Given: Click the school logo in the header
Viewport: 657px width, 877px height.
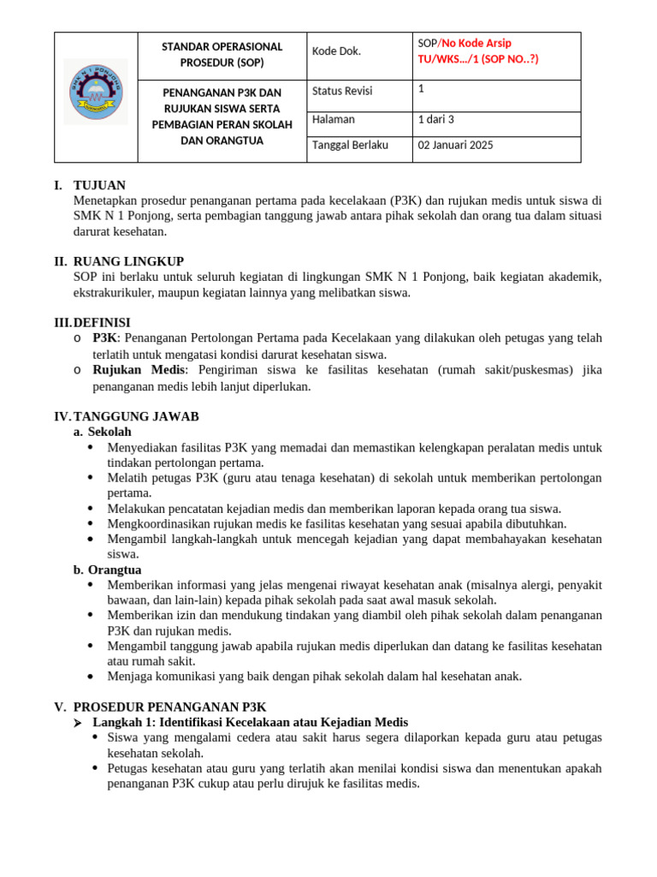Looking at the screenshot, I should tap(96, 91).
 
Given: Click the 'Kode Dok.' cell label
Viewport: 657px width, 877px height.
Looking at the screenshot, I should tap(337, 51).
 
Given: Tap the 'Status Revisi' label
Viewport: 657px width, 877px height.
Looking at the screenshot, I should tap(342, 91).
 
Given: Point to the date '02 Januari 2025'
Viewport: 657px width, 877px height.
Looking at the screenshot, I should tap(455, 145).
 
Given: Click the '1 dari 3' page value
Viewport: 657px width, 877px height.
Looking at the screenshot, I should tap(436, 119).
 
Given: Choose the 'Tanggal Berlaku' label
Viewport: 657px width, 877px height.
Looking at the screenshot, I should tap(350, 145).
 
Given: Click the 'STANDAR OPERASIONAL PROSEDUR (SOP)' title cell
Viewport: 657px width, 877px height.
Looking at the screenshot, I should tap(222, 54).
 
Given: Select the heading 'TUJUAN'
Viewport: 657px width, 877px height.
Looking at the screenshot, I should tap(99, 185).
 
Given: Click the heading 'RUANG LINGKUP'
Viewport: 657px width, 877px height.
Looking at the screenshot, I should tap(128, 261).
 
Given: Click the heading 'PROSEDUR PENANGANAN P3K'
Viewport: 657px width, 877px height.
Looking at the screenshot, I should tap(170, 707).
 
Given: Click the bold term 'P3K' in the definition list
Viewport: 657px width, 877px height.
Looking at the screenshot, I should tap(104, 338).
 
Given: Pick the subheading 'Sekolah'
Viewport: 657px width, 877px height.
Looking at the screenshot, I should tap(109, 432).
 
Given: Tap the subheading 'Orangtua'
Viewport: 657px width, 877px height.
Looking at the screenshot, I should tap(115, 570).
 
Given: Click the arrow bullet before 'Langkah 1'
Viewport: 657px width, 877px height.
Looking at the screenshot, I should tap(80, 723).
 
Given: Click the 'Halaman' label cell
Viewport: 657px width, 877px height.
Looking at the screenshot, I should tap(334, 119).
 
